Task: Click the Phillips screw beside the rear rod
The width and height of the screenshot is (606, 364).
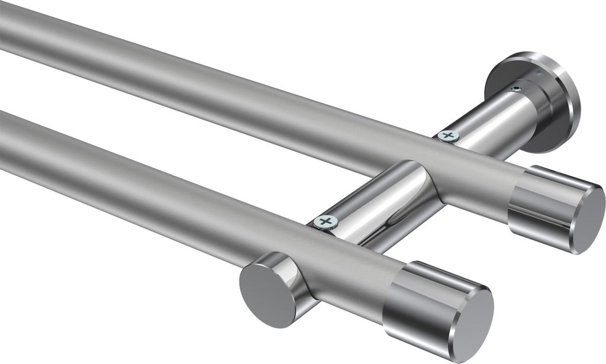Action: (x=448, y=136)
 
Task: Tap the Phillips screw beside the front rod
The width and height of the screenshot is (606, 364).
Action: (x=325, y=222)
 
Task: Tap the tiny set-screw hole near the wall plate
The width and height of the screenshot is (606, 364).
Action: (x=517, y=89)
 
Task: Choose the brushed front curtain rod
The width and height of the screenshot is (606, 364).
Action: (x=178, y=189)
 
